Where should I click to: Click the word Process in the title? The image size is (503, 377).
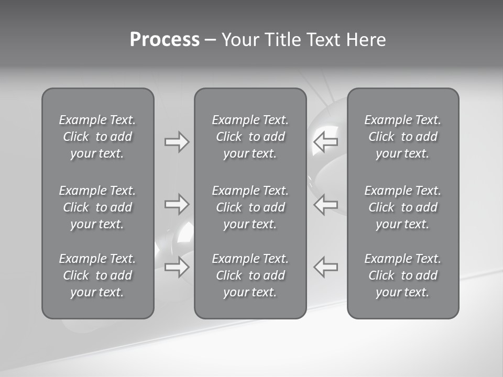click(165, 40)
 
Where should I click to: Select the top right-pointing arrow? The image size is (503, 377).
click(177, 142)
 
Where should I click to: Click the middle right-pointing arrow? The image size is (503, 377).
click(177, 204)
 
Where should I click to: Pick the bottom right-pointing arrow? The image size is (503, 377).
click(177, 267)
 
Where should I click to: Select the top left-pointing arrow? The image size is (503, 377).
click(325, 142)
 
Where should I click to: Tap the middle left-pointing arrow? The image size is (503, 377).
click(325, 204)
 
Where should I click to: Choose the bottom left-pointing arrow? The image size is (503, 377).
click(325, 267)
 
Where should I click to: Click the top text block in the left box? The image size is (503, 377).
click(97, 137)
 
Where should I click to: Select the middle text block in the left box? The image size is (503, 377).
click(97, 207)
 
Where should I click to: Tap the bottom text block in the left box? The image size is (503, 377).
click(97, 275)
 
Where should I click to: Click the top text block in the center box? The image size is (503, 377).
click(250, 137)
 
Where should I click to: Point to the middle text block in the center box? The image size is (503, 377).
click(250, 207)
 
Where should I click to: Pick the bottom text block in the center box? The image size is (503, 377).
click(250, 275)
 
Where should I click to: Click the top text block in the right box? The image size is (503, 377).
click(402, 137)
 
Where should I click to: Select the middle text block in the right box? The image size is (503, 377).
click(402, 207)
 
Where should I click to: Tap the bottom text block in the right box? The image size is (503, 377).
click(402, 275)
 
